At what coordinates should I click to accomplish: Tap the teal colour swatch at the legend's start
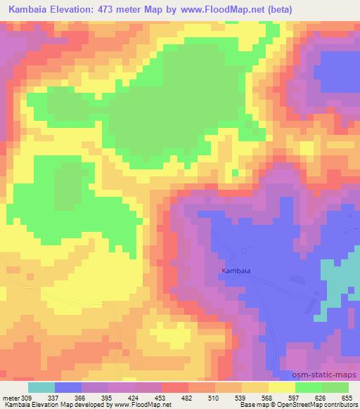[41, 387]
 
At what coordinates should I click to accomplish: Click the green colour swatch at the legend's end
[335, 387]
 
